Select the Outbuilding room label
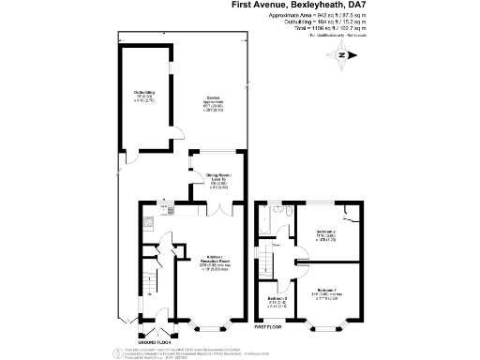tap(143, 95)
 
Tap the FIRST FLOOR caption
tap(268, 327)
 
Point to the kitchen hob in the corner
tap(148, 225)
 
